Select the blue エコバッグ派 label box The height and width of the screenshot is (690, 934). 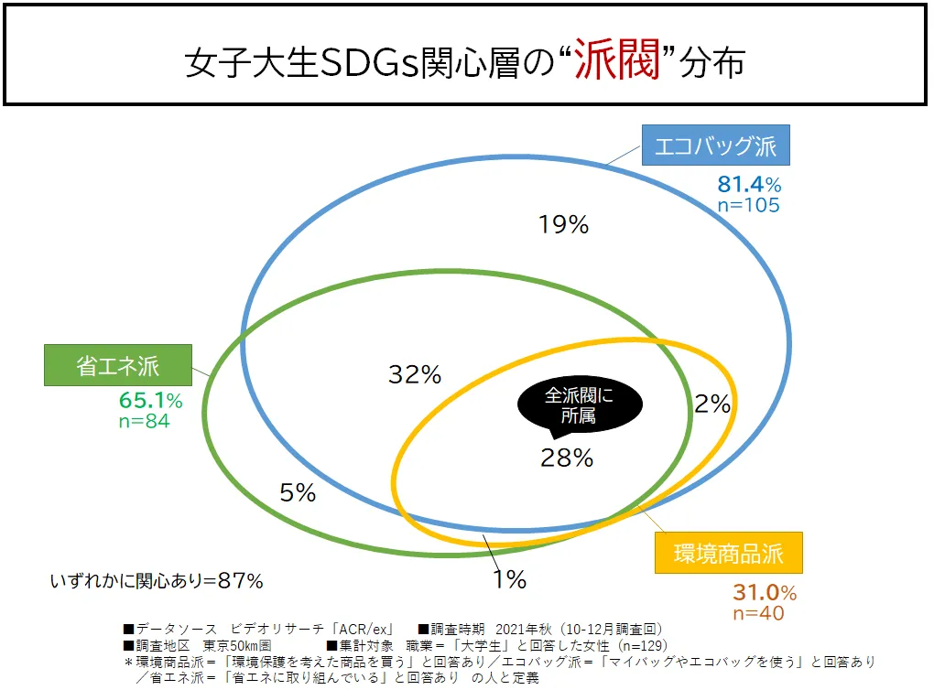point(715,146)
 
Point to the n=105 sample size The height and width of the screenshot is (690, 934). point(748,205)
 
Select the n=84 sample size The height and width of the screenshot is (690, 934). point(145,421)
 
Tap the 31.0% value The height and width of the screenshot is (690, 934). point(764,592)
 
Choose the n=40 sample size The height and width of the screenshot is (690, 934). point(758,613)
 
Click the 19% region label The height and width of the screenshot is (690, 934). point(563,225)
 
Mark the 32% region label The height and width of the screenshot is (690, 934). point(415,373)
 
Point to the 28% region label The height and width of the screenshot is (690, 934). point(567,458)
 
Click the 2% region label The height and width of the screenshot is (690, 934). point(711,404)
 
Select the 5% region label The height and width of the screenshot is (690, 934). point(298,493)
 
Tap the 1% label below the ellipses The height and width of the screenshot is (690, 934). point(507,579)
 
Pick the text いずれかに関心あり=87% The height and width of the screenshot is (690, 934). point(157,580)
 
